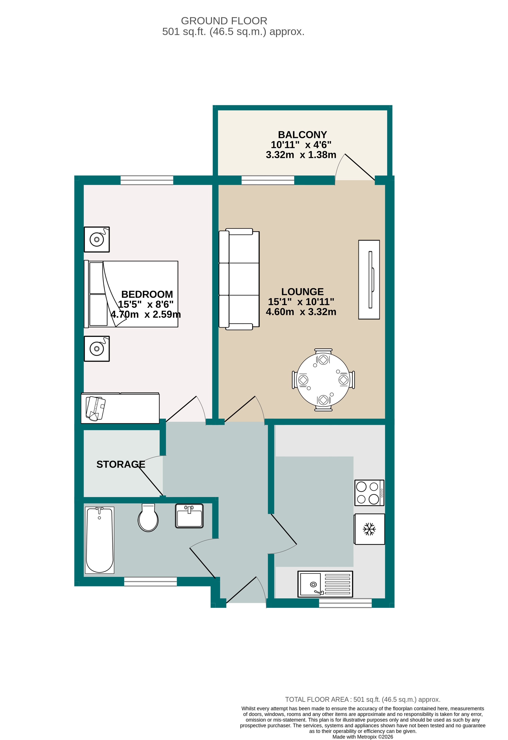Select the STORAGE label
121,464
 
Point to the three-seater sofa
239,279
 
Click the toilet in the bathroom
148,518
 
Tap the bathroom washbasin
189,516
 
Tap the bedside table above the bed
97,239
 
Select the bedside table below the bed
97,349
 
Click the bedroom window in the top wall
147,180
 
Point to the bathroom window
150,582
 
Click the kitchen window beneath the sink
345,603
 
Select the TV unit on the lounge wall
369,280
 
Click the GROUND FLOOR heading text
224,21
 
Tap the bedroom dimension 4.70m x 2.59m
145,315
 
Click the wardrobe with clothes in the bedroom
120,408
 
